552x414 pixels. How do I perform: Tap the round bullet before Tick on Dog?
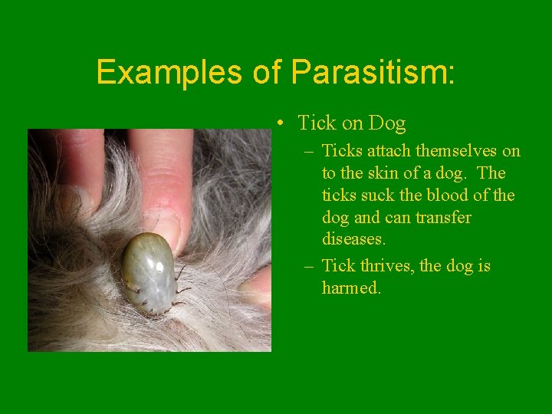(x=283, y=123)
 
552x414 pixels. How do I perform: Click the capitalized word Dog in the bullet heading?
(x=386, y=123)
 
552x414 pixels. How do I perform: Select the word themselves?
(x=457, y=151)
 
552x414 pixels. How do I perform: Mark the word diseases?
(x=353, y=239)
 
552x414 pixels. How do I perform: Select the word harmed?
(x=351, y=288)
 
